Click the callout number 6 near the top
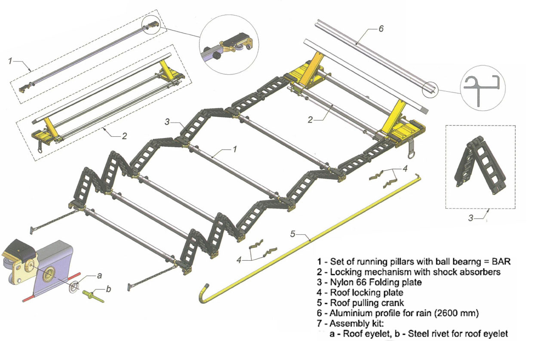(381, 29)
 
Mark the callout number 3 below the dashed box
(471, 218)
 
